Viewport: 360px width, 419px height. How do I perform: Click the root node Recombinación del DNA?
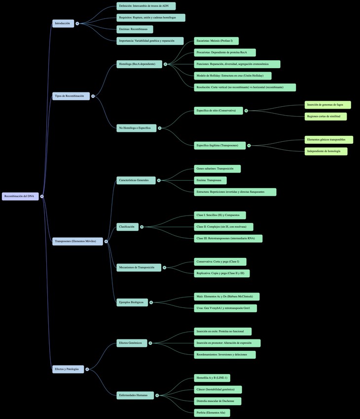[20, 196]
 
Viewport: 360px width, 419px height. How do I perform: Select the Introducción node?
[63, 23]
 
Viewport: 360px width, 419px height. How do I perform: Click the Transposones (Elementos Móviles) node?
[77, 241]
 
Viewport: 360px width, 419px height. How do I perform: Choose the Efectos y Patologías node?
[68, 369]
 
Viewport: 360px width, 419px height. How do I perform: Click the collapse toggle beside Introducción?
[77, 23]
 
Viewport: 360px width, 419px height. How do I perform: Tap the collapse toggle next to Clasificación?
[142, 227]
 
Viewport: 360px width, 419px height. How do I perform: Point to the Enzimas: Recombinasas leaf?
[135, 30]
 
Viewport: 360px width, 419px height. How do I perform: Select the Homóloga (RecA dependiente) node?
[139, 64]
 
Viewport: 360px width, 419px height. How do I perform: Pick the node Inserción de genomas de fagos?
[327, 105]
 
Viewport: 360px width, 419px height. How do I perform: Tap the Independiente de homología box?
[325, 151]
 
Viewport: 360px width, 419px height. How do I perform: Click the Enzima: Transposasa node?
[210, 180]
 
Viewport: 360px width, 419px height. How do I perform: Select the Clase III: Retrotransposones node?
[228, 238]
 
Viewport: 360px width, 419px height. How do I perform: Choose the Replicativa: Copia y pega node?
[221, 273]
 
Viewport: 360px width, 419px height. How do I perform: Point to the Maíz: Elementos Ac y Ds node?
[226, 296]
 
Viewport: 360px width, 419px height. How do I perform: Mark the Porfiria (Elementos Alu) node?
[212, 413]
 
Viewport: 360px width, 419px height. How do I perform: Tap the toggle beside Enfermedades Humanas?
[157, 395]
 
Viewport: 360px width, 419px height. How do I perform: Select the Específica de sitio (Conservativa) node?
[218, 111]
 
